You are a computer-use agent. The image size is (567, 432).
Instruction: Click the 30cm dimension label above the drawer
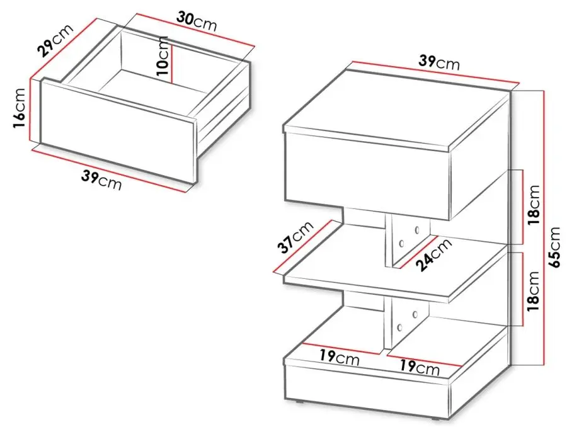click(x=197, y=21)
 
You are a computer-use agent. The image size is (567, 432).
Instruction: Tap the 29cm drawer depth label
click(x=55, y=40)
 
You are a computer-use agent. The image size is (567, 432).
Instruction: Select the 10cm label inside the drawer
click(x=163, y=55)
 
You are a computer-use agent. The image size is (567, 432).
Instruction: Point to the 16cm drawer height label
click(x=19, y=108)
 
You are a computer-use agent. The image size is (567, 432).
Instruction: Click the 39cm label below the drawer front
click(x=101, y=179)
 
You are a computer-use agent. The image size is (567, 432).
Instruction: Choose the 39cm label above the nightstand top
click(x=439, y=62)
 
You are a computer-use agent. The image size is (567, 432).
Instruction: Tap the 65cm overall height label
click(x=554, y=247)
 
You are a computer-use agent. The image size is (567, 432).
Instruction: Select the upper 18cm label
click(x=534, y=205)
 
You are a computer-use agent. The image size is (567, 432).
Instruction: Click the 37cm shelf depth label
click(x=295, y=237)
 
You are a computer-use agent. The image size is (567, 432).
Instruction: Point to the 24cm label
click(x=434, y=254)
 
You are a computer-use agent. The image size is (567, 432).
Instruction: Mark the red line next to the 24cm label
click(x=416, y=252)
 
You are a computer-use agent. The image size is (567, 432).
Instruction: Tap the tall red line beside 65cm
click(x=544, y=228)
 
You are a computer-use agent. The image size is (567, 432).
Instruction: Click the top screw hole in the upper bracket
click(x=417, y=229)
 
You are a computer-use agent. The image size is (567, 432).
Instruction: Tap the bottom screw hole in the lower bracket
click(x=399, y=328)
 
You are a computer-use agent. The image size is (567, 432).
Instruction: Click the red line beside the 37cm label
click(x=303, y=246)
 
